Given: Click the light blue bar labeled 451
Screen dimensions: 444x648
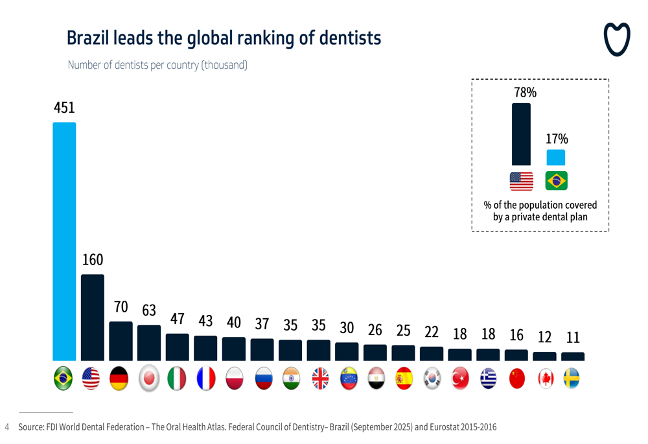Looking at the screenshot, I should click(x=64, y=241).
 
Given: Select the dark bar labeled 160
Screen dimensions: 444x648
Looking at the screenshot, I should click(x=93, y=318).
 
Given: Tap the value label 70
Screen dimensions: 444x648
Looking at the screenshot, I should click(x=121, y=307).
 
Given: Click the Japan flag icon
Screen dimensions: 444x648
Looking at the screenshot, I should click(x=149, y=379).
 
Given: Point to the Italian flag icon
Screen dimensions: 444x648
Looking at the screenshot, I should click(x=178, y=379).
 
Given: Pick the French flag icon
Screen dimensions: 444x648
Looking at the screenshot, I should click(x=206, y=379).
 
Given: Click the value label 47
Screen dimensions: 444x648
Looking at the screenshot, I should click(x=178, y=319).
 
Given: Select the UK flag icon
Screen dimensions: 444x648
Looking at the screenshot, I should click(x=319, y=379).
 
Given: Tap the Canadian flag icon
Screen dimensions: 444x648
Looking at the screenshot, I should click(x=546, y=379).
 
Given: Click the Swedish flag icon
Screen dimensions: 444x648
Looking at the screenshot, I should click(x=573, y=379).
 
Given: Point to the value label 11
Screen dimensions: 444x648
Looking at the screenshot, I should click(x=573, y=338).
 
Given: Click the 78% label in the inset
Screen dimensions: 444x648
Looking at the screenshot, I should click(x=525, y=93).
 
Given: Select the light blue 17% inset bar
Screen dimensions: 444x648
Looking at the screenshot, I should click(x=556, y=158).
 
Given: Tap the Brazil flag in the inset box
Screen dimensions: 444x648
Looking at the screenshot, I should click(x=556, y=181).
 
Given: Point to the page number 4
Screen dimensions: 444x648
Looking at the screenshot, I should click(x=7, y=427).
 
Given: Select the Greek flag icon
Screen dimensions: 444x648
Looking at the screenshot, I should click(x=488, y=379).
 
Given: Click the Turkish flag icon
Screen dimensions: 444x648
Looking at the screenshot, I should click(x=460, y=379).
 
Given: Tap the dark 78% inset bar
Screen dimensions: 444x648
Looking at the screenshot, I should click(x=521, y=134).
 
